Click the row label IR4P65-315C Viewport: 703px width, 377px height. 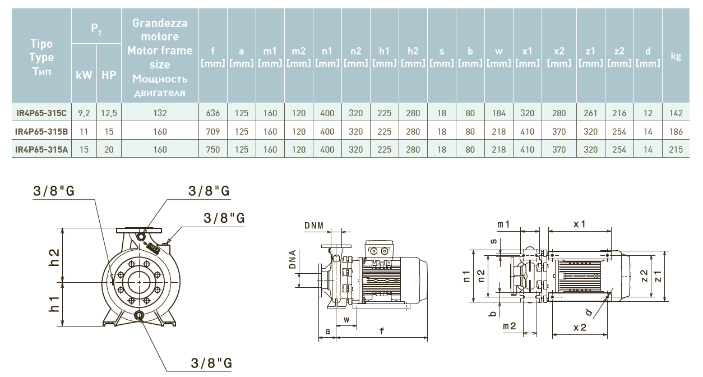(41, 113)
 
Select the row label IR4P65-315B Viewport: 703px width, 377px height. (41, 132)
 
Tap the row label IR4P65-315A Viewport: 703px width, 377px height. (41, 150)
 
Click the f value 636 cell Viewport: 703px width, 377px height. (213, 113)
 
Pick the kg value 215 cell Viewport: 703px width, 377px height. (676, 150)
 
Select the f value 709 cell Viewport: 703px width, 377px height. (213, 132)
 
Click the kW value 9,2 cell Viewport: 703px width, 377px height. (84, 113)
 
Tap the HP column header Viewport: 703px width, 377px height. (109, 74)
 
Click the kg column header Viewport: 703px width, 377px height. (676, 56)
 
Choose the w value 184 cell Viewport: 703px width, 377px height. (499, 113)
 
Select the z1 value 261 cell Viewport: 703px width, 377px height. (590, 113)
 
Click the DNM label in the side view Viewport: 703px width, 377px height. (314, 226)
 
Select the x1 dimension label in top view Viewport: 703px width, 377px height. (579, 224)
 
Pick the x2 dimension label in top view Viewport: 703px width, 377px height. (580, 327)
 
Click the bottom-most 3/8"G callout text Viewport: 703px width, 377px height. (210, 362)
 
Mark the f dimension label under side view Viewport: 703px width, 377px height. (382, 331)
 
